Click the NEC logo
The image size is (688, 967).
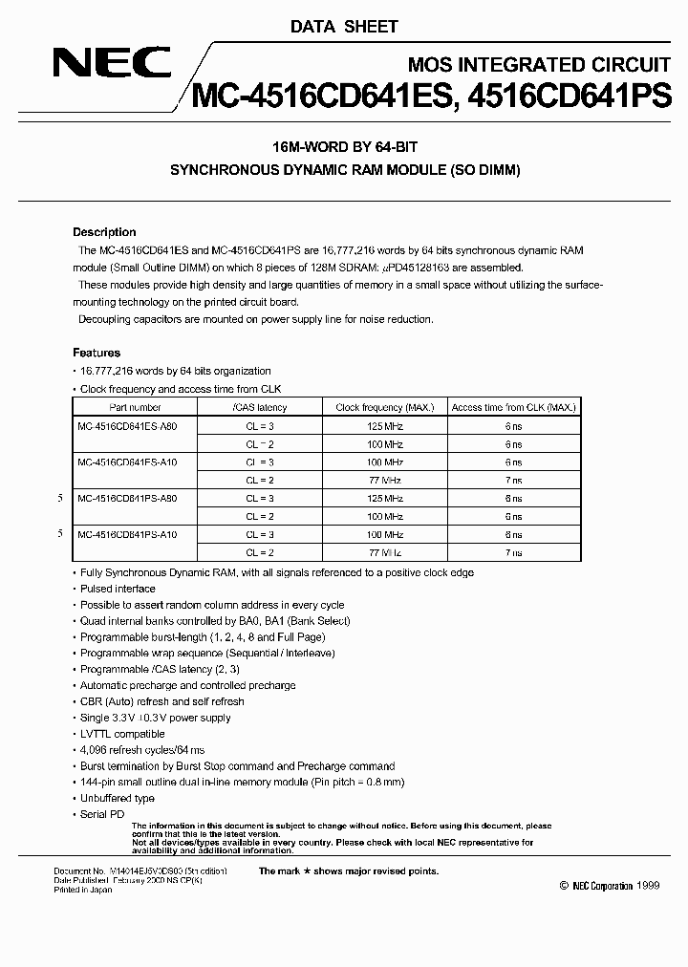tap(112, 65)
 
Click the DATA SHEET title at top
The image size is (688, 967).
tap(344, 27)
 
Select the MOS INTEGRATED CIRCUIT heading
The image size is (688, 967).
tap(539, 65)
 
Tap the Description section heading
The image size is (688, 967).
tap(104, 232)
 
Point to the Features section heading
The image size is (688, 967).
tap(97, 353)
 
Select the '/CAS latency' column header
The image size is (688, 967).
tap(259, 407)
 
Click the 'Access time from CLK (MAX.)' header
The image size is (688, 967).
tap(513, 407)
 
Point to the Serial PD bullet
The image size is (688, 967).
tap(102, 814)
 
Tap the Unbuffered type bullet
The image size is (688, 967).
tap(117, 798)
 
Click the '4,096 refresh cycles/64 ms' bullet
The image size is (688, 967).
tap(142, 750)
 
